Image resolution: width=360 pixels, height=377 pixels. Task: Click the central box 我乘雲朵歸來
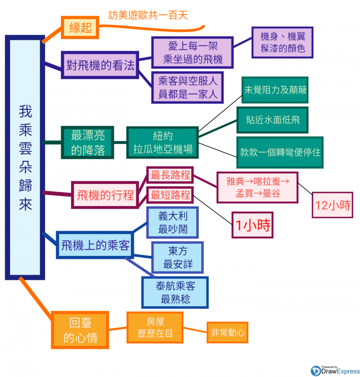25,157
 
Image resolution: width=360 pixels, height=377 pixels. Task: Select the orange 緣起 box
80,28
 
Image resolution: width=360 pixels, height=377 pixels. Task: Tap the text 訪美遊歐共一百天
148,15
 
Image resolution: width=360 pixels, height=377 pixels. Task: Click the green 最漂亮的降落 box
88,143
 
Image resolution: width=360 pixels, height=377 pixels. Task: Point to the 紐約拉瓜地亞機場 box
162,143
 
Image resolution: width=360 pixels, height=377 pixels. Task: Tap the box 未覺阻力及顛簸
275,90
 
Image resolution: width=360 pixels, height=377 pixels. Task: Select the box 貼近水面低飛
273,120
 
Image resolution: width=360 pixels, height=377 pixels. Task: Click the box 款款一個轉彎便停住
280,152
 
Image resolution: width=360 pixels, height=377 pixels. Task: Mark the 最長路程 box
170,175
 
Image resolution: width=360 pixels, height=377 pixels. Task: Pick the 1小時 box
252,225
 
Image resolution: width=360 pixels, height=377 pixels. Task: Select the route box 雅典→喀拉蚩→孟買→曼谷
256,187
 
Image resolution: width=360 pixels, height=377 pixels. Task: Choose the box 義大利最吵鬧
173,223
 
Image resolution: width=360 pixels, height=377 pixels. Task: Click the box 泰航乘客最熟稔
175,292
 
